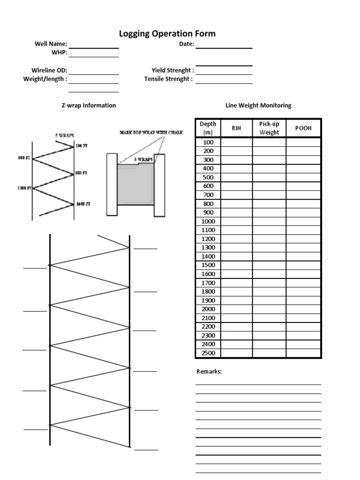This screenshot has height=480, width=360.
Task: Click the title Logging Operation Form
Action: point(167,34)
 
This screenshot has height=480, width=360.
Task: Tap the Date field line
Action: point(224,47)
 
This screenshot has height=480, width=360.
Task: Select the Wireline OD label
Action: point(49,70)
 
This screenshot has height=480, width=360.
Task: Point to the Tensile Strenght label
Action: point(168,79)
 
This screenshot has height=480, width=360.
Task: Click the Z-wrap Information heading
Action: point(89,105)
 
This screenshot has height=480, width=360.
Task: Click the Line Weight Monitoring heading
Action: point(258,105)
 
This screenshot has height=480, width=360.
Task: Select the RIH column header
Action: point(236,128)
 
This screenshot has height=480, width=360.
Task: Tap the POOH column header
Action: point(303,128)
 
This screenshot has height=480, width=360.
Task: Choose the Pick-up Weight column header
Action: point(269,128)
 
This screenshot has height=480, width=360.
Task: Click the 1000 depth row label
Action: point(208,221)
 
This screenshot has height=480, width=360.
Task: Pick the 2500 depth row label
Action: point(208,353)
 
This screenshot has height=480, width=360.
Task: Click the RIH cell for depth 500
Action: point(236,177)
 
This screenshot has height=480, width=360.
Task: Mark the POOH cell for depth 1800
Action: point(303,292)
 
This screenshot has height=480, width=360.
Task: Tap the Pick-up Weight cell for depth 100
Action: point(269,142)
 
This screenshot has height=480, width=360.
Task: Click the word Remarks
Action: point(209,372)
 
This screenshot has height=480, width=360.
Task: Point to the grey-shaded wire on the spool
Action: point(136,184)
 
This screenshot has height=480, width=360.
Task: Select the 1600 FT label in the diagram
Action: point(83,204)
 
